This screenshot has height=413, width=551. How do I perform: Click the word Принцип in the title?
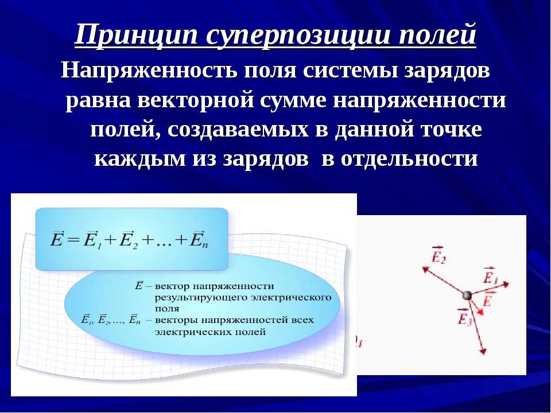136,35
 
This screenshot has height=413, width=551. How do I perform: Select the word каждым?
140,159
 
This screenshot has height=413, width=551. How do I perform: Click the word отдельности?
409,159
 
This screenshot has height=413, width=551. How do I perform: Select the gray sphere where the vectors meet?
467,295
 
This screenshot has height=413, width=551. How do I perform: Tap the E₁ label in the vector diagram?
490,276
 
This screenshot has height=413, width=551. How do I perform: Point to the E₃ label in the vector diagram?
464,317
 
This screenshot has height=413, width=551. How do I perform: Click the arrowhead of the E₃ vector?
483,351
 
